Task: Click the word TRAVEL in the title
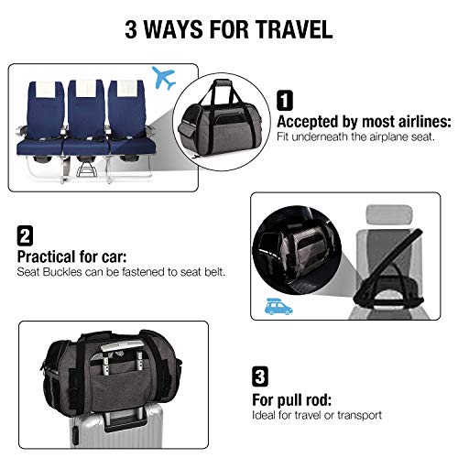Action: (x=294, y=29)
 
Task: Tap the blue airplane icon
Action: (x=164, y=77)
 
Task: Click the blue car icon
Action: (x=278, y=307)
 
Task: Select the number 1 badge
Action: (x=285, y=100)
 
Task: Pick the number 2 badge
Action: (x=25, y=235)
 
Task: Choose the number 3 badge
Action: (x=260, y=376)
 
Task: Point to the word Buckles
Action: (x=62, y=272)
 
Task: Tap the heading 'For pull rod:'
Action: (x=292, y=400)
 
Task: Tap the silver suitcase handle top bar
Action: (x=122, y=346)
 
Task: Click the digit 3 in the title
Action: (x=131, y=29)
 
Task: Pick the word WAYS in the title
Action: (x=173, y=29)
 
